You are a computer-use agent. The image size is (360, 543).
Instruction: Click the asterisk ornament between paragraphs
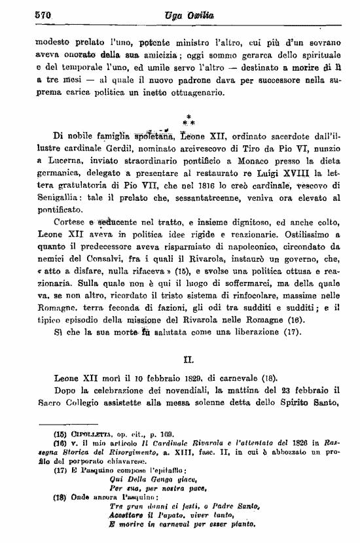(188, 118)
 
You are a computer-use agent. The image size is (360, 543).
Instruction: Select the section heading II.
(188, 359)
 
